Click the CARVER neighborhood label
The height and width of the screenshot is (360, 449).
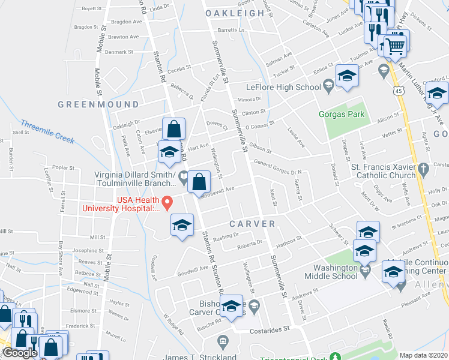(x=252, y=224)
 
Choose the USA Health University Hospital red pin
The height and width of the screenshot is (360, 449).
(x=169, y=201)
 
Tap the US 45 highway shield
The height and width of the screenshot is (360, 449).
(x=399, y=90)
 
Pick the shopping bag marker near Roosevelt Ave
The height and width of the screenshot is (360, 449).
(x=199, y=182)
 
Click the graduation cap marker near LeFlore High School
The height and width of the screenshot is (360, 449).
(x=347, y=75)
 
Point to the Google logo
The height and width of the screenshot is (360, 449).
(x=20, y=353)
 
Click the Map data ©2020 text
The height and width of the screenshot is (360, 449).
(x=424, y=355)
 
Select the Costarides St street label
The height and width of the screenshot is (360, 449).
(x=270, y=329)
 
